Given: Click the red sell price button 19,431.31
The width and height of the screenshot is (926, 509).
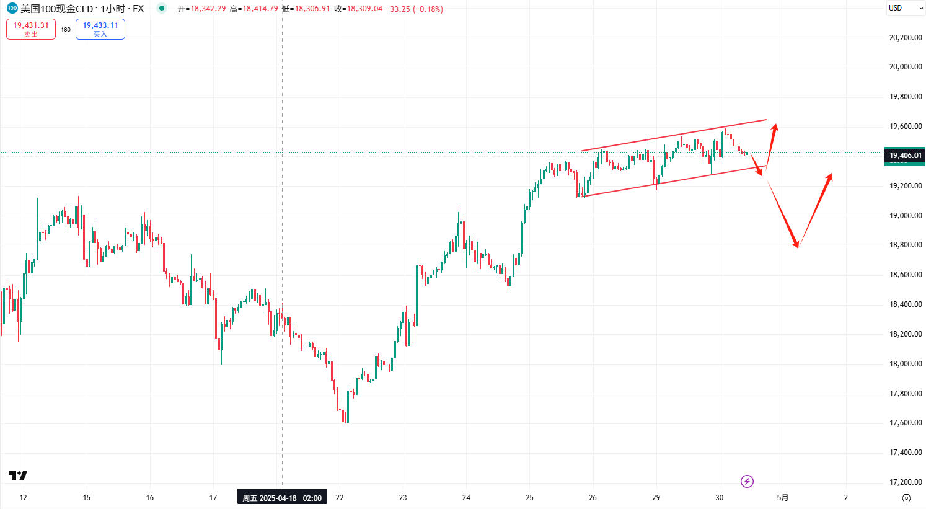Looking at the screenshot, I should point(31,29).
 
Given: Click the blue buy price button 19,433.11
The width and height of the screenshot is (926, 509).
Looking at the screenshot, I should point(100,29).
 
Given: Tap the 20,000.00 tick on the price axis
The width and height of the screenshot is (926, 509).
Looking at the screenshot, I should point(906,67).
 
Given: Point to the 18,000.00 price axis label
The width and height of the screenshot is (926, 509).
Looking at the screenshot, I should point(906,364).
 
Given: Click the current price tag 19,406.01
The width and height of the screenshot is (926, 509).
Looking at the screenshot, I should point(905,156).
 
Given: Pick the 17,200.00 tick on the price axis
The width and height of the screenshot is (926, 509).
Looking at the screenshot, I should point(906,482).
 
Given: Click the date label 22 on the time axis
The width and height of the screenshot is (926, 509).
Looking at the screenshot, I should point(340,498).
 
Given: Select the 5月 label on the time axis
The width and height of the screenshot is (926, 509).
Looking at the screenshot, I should point(783,498).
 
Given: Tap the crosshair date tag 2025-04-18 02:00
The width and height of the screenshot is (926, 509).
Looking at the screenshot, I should point(282,498).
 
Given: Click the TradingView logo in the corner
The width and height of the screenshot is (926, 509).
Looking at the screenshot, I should point(18,476).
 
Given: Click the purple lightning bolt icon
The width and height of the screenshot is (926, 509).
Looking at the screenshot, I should point(747,481).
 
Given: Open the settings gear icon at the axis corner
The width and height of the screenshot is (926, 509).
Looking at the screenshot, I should point(906,498).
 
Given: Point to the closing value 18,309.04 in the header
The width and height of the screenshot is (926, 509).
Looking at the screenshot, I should point(365,9).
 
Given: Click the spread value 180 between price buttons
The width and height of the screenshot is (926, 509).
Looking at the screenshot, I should point(66,29).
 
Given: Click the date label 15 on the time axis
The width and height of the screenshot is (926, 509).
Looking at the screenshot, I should point(87,498).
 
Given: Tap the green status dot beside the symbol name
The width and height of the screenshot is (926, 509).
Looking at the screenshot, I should point(162,9).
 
